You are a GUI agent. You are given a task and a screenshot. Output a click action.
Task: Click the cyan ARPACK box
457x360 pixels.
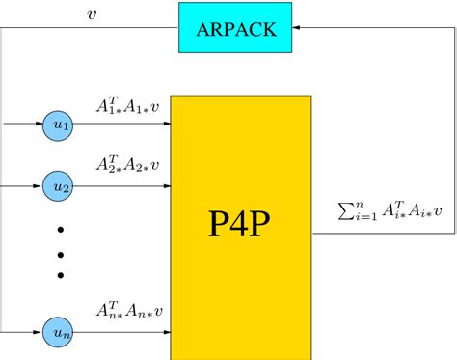click(235, 28)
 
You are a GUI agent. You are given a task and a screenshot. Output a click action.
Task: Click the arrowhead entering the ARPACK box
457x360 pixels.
click(296, 28)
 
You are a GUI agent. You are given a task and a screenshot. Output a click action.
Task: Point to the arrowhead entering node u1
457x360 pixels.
click(39, 125)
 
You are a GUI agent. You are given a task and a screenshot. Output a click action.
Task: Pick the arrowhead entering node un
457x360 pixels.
click(39, 332)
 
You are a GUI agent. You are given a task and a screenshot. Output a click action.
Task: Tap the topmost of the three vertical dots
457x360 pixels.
click(60, 230)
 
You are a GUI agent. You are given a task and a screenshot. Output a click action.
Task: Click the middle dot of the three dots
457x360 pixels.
click(60, 253)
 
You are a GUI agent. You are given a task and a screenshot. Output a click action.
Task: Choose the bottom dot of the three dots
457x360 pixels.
click(60, 276)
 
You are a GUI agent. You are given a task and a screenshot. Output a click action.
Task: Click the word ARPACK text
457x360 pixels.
click(235, 28)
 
